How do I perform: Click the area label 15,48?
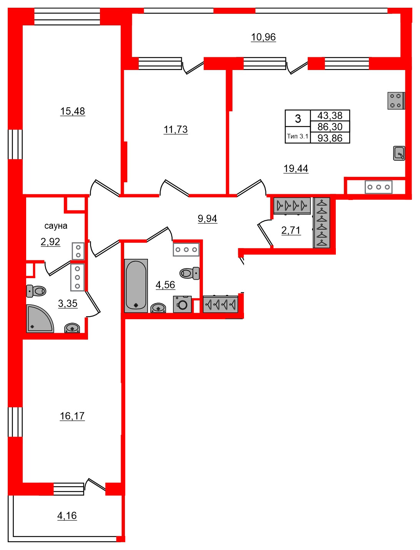(x=72, y=112)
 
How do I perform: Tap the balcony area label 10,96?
(x=263, y=37)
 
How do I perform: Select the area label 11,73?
(x=176, y=130)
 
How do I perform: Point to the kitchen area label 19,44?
(x=295, y=168)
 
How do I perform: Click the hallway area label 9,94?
(x=207, y=219)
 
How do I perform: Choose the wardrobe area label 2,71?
(x=291, y=230)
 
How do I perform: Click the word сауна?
(x=56, y=226)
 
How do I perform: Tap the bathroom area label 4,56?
(x=165, y=285)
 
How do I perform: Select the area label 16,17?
(x=72, y=416)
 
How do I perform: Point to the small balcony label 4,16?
(x=67, y=516)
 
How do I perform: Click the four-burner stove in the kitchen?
(x=395, y=101)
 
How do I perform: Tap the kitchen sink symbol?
(x=399, y=153)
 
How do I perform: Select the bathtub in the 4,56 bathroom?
(x=136, y=285)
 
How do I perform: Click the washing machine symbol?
(x=182, y=304)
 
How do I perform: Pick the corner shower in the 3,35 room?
(x=38, y=319)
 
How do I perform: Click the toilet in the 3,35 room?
(x=37, y=291)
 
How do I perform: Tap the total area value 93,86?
(x=330, y=138)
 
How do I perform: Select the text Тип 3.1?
(x=297, y=136)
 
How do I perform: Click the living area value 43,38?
(x=330, y=115)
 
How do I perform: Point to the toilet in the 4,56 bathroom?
(x=189, y=273)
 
